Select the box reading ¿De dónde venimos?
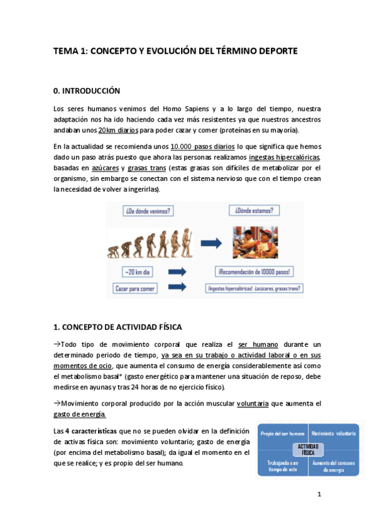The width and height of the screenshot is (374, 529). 148,211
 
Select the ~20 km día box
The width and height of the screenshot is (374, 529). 139,271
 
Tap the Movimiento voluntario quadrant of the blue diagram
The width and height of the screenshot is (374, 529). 334,434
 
